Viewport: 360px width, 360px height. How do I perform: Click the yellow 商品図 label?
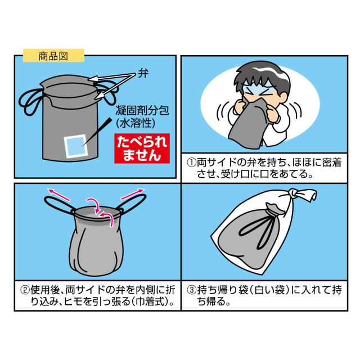tap(53, 55)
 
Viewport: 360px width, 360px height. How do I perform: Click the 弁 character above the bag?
tap(142, 74)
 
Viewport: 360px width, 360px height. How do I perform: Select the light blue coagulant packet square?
tap(74, 146)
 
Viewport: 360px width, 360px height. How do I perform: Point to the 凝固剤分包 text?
tap(137, 109)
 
